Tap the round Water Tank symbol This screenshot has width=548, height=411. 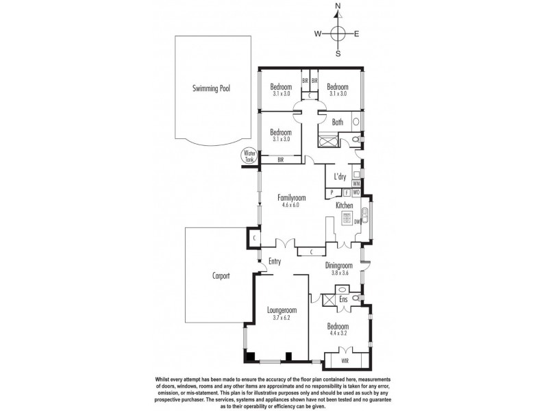[x=247, y=157]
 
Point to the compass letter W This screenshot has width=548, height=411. [x=318, y=33]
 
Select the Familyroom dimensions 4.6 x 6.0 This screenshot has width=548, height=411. [x=292, y=205]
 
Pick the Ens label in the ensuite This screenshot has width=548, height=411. [x=342, y=300]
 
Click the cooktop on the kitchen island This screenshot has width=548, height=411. [x=347, y=221]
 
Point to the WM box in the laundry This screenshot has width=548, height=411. [x=357, y=184]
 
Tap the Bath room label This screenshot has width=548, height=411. [x=338, y=123]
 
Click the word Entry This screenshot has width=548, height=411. [x=275, y=260]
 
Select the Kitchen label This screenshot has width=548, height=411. [x=344, y=206]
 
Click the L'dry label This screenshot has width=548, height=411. [x=340, y=177]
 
